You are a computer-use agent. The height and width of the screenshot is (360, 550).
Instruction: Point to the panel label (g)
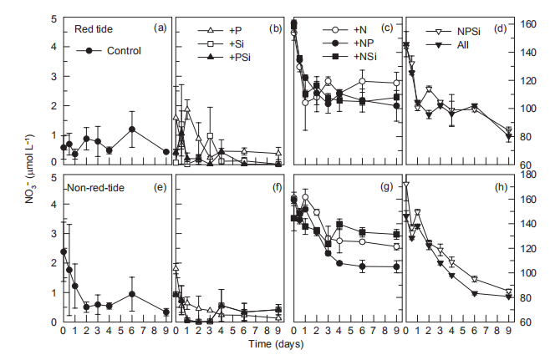coord(385,187)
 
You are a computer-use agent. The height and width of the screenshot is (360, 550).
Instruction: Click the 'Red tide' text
coord(94,29)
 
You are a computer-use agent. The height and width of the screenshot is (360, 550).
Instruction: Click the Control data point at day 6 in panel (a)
coord(132,129)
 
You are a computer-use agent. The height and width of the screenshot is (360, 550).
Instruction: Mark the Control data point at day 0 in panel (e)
coord(64,251)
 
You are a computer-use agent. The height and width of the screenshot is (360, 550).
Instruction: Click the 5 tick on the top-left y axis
coord(54,18)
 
